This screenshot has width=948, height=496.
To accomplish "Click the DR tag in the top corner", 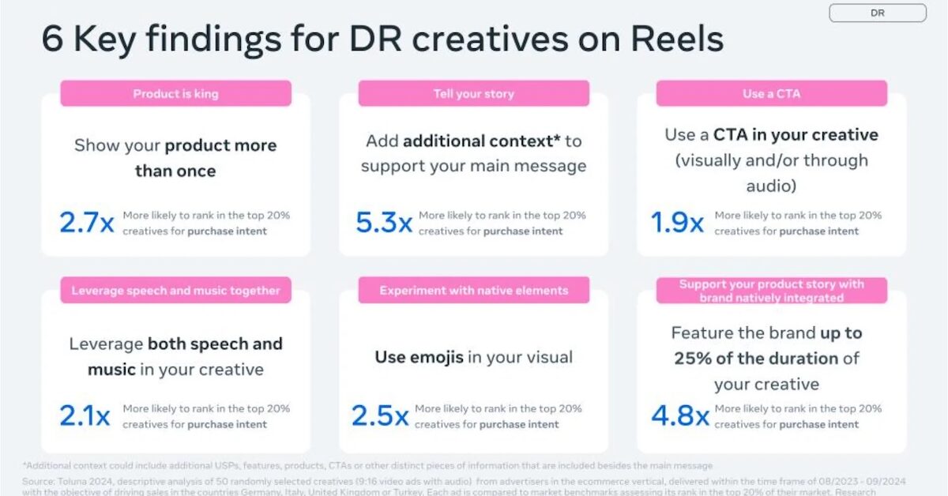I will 877,13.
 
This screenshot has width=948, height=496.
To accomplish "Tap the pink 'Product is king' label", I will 175,94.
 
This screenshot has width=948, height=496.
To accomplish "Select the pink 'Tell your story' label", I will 473,94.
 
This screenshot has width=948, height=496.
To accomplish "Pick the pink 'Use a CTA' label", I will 771,94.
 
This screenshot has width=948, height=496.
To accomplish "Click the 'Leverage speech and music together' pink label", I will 175,291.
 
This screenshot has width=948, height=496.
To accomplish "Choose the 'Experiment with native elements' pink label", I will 473,291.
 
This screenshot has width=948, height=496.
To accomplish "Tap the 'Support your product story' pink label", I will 771,291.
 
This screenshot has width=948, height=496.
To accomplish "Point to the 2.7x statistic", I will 87,223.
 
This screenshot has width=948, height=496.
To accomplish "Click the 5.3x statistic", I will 384,223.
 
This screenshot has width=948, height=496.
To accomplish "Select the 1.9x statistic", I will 677,223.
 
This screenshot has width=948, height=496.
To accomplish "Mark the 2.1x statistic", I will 85,416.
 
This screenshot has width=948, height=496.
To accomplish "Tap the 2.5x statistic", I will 380,416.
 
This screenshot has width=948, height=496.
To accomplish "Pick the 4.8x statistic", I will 679,416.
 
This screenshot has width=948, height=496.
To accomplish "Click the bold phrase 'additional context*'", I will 482,141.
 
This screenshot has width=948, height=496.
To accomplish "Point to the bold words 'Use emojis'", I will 419,357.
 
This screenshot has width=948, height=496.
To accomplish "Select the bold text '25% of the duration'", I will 756,359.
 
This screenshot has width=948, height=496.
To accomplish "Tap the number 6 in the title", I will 52,39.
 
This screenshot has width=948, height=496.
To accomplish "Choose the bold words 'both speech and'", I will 215,344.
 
